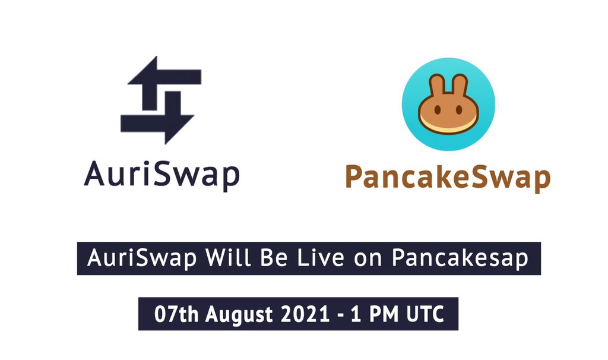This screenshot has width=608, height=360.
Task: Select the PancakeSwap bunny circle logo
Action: pyautogui.click(x=448, y=105)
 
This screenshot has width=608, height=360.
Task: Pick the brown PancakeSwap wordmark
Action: pyautogui.click(x=448, y=177)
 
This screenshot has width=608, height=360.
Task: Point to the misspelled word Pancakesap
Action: pyautogui.click(x=460, y=259)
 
